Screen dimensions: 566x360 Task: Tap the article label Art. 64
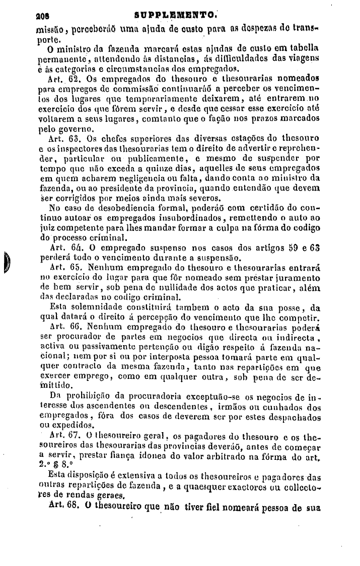pos(62,248)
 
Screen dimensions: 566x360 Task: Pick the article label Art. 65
pos(63,267)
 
